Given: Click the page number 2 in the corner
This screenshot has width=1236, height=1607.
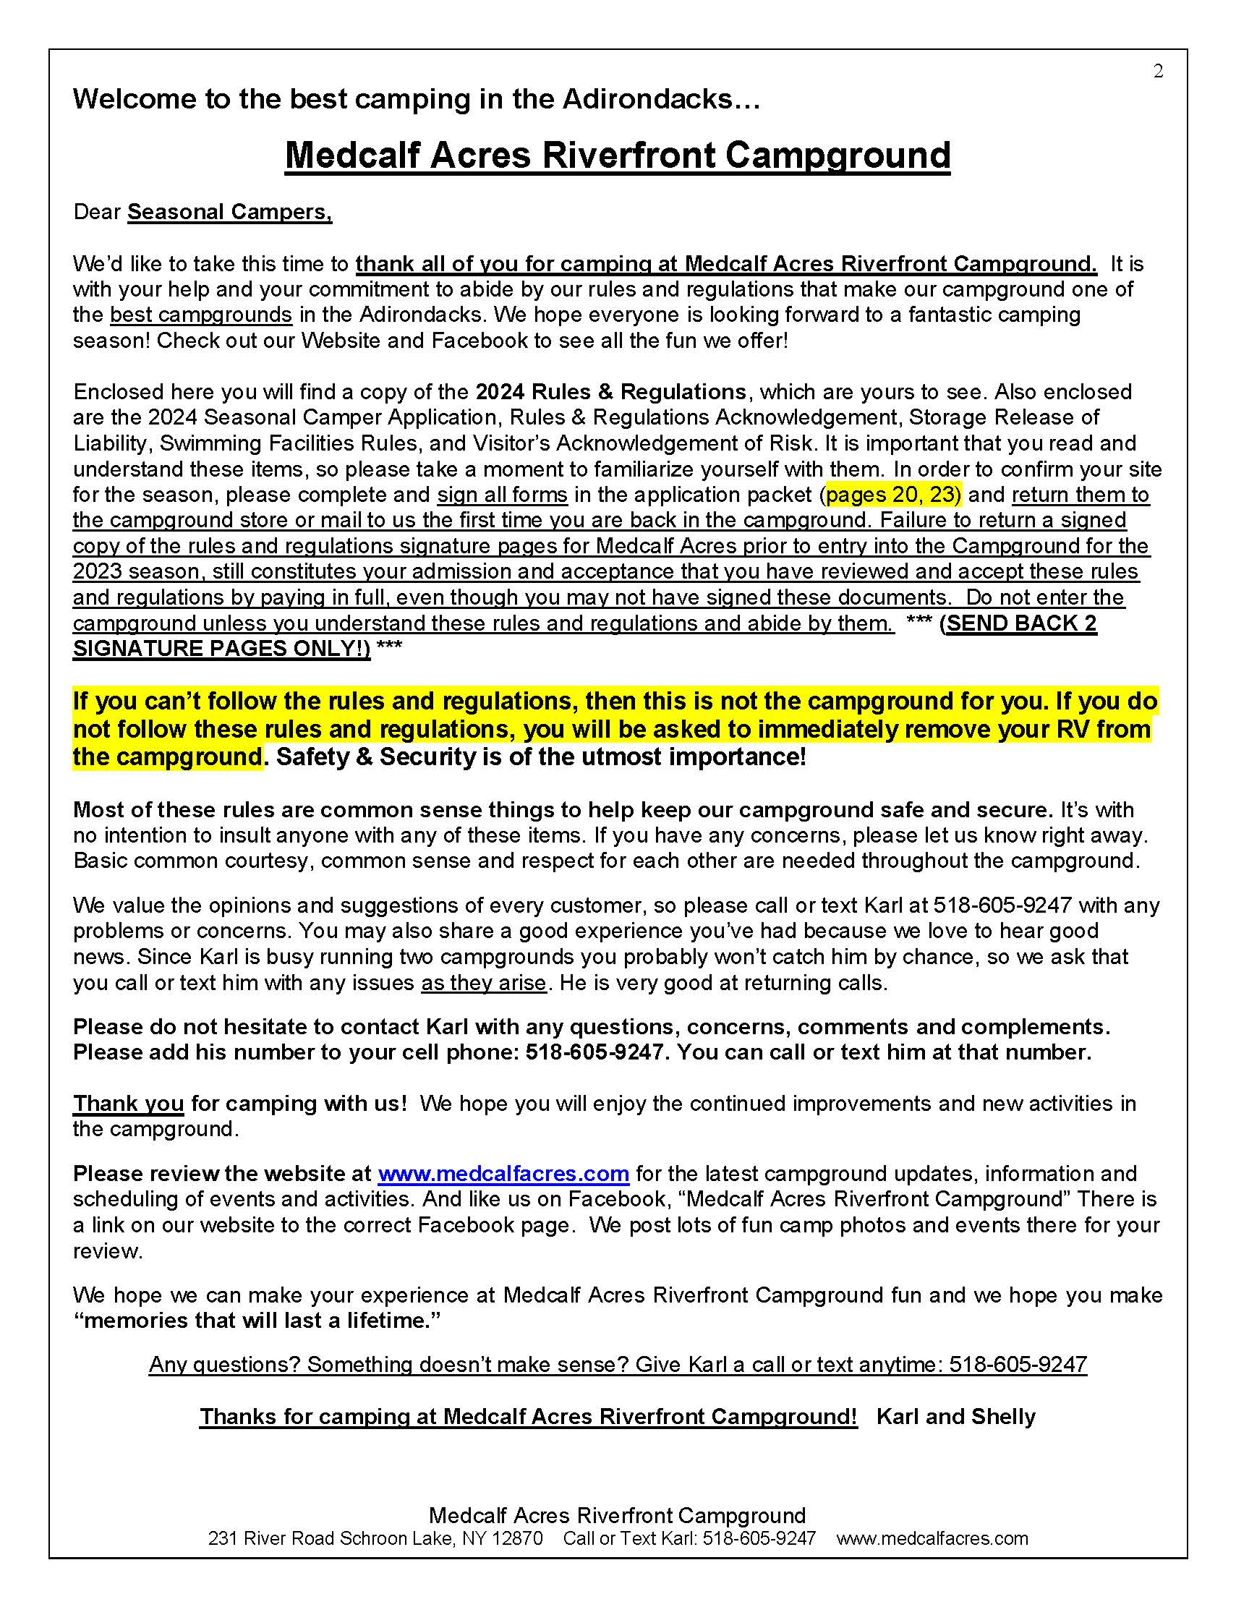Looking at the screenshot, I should tap(1158, 72).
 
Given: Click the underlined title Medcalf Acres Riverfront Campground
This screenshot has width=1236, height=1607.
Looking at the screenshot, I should tap(617, 155).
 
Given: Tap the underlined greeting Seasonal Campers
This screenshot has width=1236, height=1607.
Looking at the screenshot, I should tap(229, 212).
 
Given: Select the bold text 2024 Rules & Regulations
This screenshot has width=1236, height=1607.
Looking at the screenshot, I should tap(610, 391).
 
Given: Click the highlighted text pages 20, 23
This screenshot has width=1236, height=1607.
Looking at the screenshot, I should tap(893, 495).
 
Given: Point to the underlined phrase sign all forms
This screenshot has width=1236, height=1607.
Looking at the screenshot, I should tap(503, 495).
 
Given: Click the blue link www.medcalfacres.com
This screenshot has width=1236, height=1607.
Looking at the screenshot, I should tap(503, 1173).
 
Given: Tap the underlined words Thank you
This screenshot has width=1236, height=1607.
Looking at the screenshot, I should tap(128, 1103).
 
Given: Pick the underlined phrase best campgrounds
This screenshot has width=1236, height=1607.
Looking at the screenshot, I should tap(201, 315).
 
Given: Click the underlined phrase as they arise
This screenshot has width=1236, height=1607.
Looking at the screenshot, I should tap(483, 982).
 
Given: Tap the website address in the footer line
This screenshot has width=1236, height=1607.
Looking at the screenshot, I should tap(932, 1538).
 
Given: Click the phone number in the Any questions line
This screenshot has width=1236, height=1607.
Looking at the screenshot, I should tap(1018, 1365).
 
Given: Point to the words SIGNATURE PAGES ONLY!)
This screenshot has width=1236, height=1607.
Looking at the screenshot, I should tap(221, 648).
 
